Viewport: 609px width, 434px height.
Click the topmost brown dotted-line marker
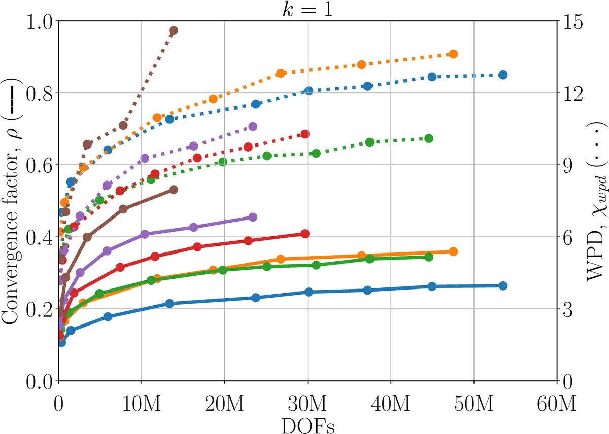174,31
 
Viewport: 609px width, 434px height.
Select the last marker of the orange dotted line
453,54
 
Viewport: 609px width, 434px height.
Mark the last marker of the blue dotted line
503,75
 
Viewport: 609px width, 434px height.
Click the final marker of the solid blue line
503,286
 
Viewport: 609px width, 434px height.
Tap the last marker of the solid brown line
174,190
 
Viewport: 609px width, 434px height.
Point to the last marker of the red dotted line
305,134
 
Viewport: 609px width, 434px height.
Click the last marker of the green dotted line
428,138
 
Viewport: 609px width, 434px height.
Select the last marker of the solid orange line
453,251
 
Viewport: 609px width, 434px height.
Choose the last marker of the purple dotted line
253,126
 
